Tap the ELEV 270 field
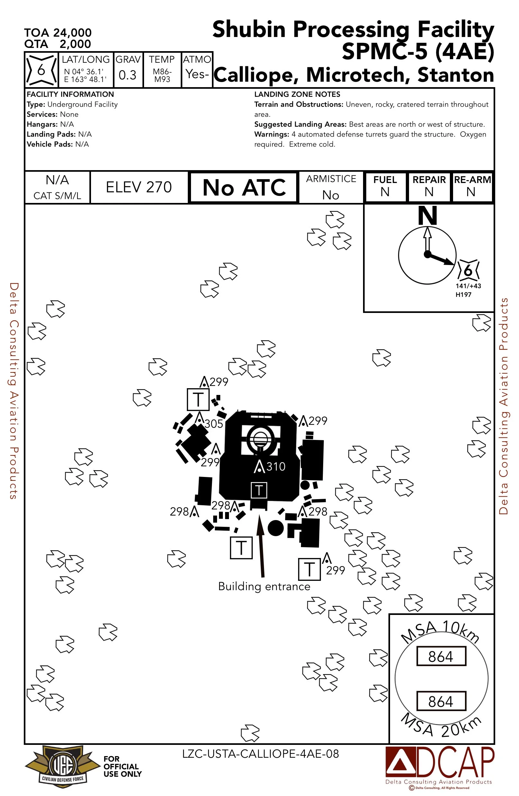[x=139, y=187]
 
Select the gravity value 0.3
[x=127, y=75]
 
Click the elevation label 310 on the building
[x=276, y=467]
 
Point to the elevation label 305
[x=214, y=424]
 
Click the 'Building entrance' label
[x=264, y=586]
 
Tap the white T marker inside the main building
[x=259, y=490]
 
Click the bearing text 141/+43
[x=468, y=286]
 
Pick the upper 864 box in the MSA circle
[x=441, y=656]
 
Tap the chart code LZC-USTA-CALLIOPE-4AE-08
[x=260, y=754]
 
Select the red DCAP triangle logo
[x=400, y=763]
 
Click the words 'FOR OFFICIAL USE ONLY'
[x=122, y=766]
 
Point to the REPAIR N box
[x=429, y=187]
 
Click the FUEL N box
[x=385, y=187]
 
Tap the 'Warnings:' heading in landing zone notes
[x=271, y=134]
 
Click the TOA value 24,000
[x=72, y=33]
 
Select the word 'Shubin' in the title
[x=249, y=30]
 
